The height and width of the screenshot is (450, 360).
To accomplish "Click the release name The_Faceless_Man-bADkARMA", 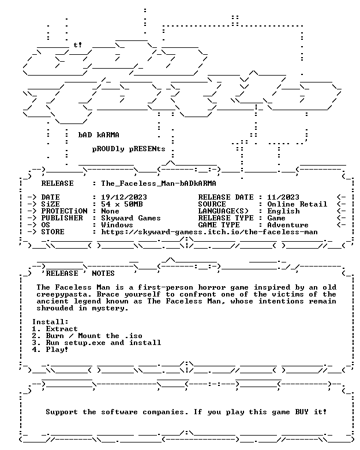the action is coord(159,183).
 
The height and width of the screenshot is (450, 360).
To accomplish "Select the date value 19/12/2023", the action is coord(124,197).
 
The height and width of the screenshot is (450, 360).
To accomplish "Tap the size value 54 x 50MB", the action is coord(122,204).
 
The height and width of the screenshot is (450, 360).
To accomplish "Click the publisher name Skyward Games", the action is coord(131,218).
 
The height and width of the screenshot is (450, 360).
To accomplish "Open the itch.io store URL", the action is coord(209,232).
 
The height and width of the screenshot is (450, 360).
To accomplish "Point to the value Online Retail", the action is coord(297,204).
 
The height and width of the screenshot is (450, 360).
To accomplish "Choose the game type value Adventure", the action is coord(288,225).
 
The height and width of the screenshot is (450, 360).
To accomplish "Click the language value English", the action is coord(283,211).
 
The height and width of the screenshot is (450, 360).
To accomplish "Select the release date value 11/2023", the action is coord(283,197).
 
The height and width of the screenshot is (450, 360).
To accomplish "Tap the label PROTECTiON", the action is coord(64,211).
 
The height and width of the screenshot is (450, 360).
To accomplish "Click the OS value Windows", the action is coord(117,225).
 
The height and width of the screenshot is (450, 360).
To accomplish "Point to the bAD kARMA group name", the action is coord(99,135).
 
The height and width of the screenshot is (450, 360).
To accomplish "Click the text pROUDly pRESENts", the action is coord(129,149).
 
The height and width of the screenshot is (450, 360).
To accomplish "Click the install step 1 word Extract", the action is coord(62,329).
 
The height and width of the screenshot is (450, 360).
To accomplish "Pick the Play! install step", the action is coord(57,350).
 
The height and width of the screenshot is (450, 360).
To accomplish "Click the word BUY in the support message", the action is coord(302,412).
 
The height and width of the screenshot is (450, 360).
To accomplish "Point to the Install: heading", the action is coord(50,322).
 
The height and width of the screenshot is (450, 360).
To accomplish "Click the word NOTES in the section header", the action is coord(103,273).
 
